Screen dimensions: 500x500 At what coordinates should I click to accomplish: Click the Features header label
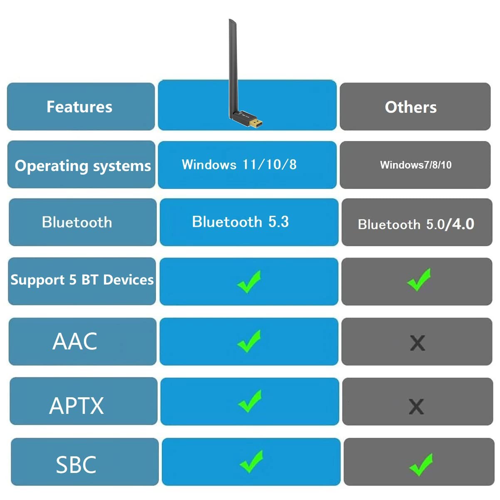coord(79,106)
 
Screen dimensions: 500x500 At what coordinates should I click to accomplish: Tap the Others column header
coord(411,107)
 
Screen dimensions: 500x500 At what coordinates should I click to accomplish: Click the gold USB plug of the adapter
coord(255,123)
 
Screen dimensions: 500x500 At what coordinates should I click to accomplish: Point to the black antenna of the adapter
coord(233,67)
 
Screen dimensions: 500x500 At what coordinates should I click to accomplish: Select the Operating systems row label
coord(83,166)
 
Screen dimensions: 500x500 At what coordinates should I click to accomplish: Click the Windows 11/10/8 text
coord(239,164)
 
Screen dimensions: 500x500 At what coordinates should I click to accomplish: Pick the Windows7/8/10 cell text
coord(416,165)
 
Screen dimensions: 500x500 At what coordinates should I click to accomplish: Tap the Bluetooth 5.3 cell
coord(240,222)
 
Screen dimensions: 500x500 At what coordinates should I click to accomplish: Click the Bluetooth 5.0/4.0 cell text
coord(416,224)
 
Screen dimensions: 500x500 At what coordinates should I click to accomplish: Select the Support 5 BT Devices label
coord(82,280)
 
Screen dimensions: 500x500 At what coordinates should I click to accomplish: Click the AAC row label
coord(75,342)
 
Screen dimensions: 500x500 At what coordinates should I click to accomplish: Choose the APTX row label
coord(76,406)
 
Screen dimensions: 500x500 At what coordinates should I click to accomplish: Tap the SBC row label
coord(76,465)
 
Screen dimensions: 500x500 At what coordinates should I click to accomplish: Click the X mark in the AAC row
coord(418,343)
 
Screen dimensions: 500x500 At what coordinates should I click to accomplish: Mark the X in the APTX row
coord(416,406)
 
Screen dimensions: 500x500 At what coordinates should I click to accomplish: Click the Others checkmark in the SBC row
coord(421,465)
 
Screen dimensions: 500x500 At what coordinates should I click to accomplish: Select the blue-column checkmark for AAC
coord(249,341)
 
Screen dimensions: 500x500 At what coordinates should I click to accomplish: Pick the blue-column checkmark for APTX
coord(250,401)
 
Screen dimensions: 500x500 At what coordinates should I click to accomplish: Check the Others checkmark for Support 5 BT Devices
coord(419,280)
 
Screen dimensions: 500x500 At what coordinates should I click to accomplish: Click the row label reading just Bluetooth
coord(77,223)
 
